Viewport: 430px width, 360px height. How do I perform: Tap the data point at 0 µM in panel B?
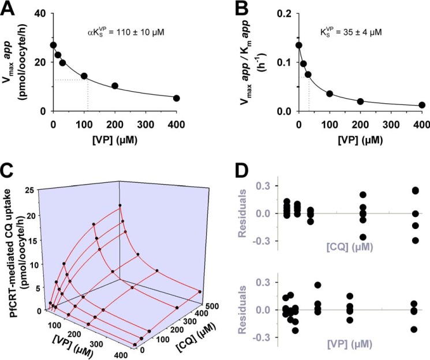(x=298, y=45)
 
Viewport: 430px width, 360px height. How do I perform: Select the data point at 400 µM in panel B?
(x=422, y=105)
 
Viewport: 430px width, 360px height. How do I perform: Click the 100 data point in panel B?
(x=330, y=93)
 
